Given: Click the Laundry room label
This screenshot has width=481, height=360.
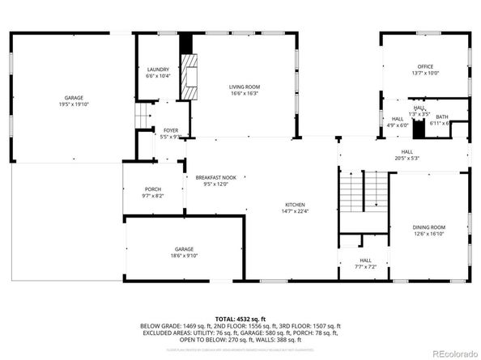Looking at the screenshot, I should tap(158, 70).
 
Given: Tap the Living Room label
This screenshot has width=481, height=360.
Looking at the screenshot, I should tap(244, 87).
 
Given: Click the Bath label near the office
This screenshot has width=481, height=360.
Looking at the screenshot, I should tap(442, 117).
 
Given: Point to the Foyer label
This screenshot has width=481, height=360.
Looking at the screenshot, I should tap(170, 130).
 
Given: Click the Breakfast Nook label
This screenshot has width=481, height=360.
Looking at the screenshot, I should tap(215, 178).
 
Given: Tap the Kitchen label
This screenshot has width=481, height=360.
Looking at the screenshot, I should tap(294, 205).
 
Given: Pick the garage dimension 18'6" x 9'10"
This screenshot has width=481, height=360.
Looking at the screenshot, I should tap(185, 256).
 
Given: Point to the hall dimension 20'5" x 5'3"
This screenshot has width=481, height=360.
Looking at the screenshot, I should tap(407, 158).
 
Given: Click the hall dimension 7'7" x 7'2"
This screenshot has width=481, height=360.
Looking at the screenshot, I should tap(366, 266).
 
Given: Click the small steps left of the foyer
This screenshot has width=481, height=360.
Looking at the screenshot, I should tap(143, 117).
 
